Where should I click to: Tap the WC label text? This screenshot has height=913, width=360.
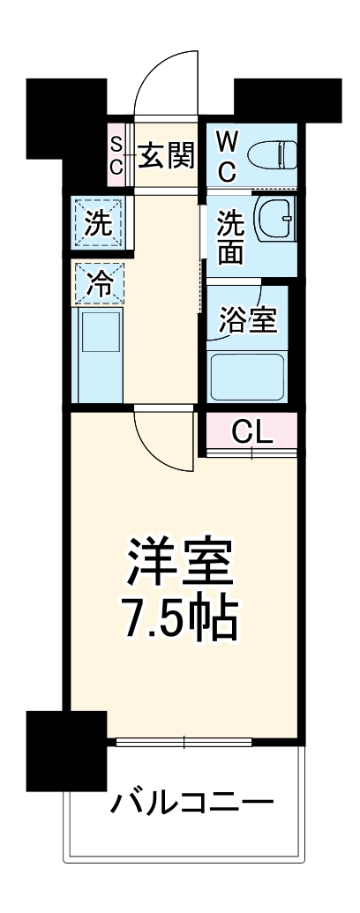pyautogui.click(x=227, y=157)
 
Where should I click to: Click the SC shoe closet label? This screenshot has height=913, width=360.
pyautogui.click(x=116, y=156)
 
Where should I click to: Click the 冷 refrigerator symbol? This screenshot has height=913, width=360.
pyautogui.click(x=99, y=283)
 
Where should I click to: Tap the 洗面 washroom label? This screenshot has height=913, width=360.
pyautogui.click(x=230, y=237)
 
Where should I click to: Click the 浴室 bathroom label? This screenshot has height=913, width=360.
pyautogui.click(x=249, y=320)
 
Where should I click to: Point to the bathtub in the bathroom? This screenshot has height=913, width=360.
pyautogui.click(x=248, y=377)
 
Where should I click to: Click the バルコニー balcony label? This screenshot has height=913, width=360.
pyautogui.click(x=191, y=804)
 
